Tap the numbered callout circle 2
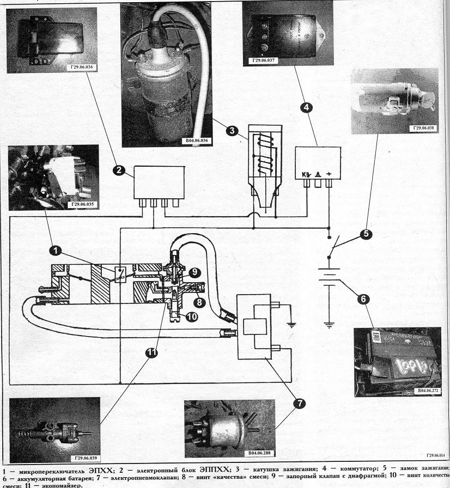117,170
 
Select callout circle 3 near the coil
232,131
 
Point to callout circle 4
307,108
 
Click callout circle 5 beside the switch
365,234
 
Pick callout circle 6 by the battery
364,298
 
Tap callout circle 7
299,404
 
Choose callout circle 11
152,353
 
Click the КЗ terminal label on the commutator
306,175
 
